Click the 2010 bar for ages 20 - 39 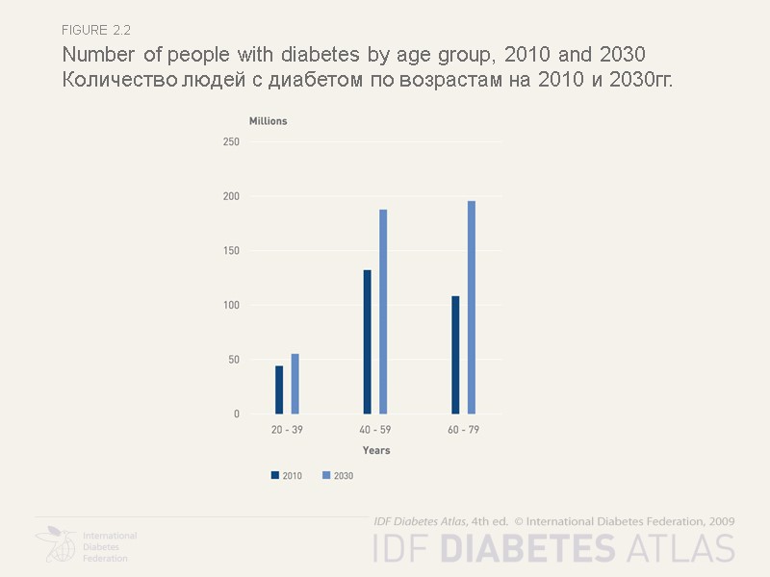pyautogui.click(x=279, y=389)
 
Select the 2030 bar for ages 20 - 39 pyautogui.click(x=295, y=384)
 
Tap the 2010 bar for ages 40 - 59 pyautogui.click(x=367, y=341)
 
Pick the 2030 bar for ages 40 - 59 pyautogui.click(x=383, y=312)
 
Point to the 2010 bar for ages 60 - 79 pyautogui.click(x=455, y=355)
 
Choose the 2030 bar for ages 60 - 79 pyautogui.click(x=472, y=308)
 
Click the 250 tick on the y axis pyautogui.click(x=230, y=142)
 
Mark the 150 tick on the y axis pyautogui.click(x=230, y=251)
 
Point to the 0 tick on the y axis pyautogui.click(x=236, y=414)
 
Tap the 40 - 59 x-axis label pyautogui.click(x=375, y=430)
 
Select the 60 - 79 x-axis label pyautogui.click(x=463, y=430)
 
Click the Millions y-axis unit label pyautogui.click(x=268, y=121)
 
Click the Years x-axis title pyautogui.click(x=376, y=450)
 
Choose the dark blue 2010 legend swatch pyautogui.click(x=274, y=475)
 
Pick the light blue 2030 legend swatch pyautogui.click(x=326, y=475)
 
